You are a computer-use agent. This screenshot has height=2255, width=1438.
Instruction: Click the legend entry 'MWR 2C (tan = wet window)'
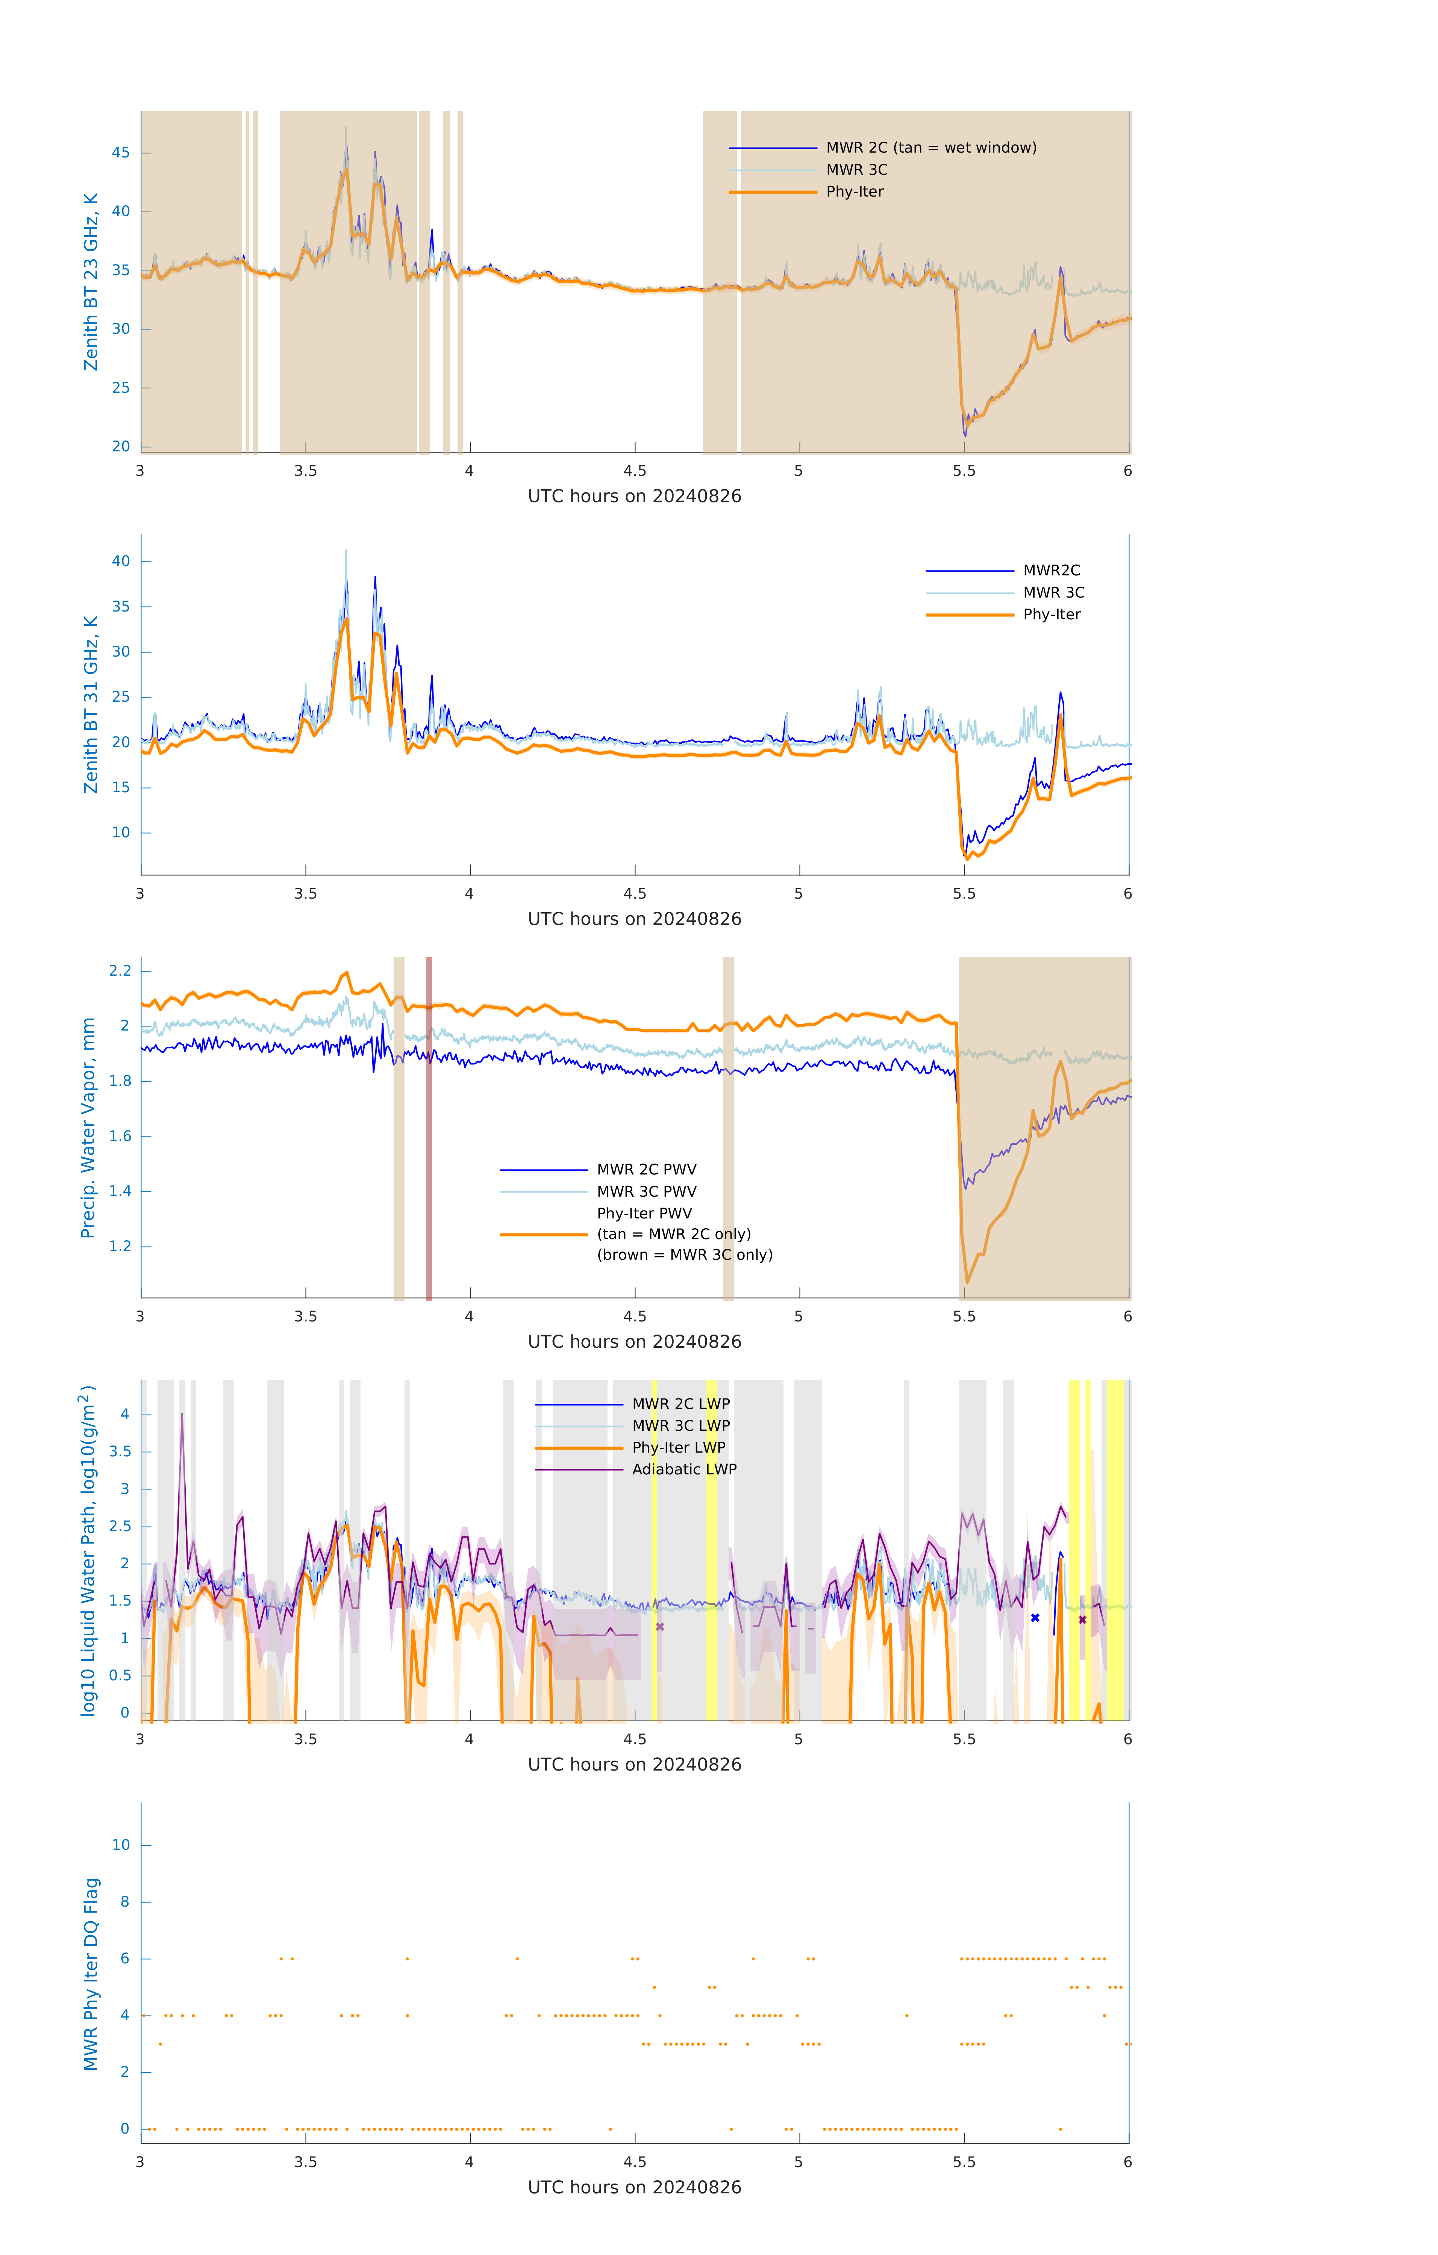pyautogui.click(x=930, y=148)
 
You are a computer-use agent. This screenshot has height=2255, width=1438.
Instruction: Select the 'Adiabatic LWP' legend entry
pyautogui.click(x=684, y=1469)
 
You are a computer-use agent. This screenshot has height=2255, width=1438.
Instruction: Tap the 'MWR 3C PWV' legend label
pyautogui.click(x=646, y=1191)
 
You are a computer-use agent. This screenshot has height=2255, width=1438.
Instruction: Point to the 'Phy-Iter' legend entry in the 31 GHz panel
pyautogui.click(x=1051, y=614)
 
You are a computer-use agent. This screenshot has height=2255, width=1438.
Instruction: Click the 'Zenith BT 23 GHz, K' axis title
pyautogui.click(x=91, y=282)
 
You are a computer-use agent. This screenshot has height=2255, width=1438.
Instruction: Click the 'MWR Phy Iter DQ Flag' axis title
pyautogui.click(x=91, y=1974)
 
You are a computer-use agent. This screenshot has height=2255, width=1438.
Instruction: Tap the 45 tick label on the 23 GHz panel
pyautogui.click(x=121, y=153)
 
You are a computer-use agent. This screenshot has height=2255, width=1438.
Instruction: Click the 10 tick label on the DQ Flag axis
pyautogui.click(x=121, y=1845)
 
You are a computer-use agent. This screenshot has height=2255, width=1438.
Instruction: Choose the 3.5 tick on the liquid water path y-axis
pyautogui.click(x=120, y=1451)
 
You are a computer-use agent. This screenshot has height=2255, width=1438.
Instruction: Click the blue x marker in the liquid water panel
pyautogui.click(x=1035, y=1618)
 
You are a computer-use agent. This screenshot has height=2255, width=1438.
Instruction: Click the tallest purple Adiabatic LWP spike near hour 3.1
pyautogui.click(x=182, y=1416)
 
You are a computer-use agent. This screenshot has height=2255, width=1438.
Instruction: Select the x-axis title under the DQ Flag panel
pyautogui.click(x=634, y=2188)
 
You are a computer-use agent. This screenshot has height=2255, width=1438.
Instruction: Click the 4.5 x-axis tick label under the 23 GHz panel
pyautogui.click(x=634, y=471)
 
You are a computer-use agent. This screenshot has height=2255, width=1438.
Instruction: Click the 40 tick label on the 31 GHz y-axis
pyautogui.click(x=121, y=562)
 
